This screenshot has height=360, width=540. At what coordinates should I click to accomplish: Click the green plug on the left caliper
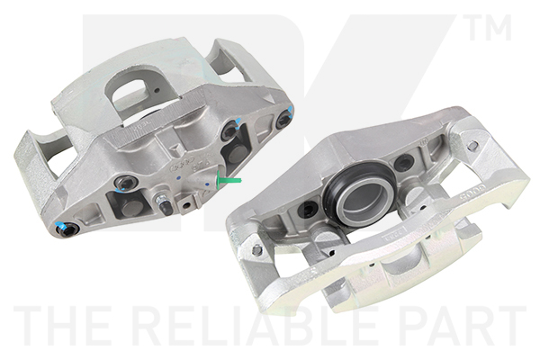click(232, 181)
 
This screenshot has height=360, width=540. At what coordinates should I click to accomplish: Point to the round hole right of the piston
click(405, 163)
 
